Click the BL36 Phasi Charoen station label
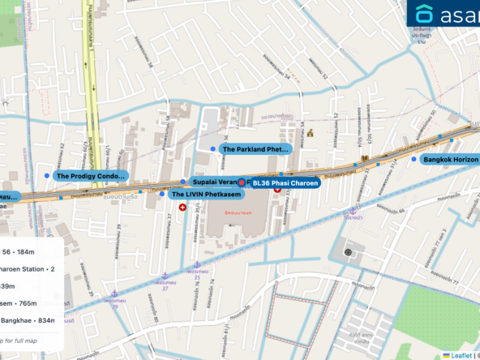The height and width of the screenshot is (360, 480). pyautogui.click(x=285, y=183)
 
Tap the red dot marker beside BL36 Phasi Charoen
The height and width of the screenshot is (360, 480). pyautogui.click(x=242, y=183)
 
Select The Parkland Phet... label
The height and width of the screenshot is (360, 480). pyautogui.click(x=255, y=149)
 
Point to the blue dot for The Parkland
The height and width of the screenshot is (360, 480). pyautogui.click(x=213, y=149)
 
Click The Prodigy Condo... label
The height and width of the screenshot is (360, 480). pyautogui.click(x=91, y=175)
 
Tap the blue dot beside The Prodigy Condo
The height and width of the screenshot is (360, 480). pyautogui.click(x=45, y=175)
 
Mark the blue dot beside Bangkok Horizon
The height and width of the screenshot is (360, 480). pyautogui.click(x=414, y=160)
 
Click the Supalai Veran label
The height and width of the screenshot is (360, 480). pyautogui.click(x=213, y=183)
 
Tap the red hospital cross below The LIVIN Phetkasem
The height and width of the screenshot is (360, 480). pyautogui.click(x=182, y=208)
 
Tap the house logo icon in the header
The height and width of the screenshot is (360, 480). pyautogui.click(x=424, y=14)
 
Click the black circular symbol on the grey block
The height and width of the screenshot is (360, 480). pyautogui.click(x=349, y=252)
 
